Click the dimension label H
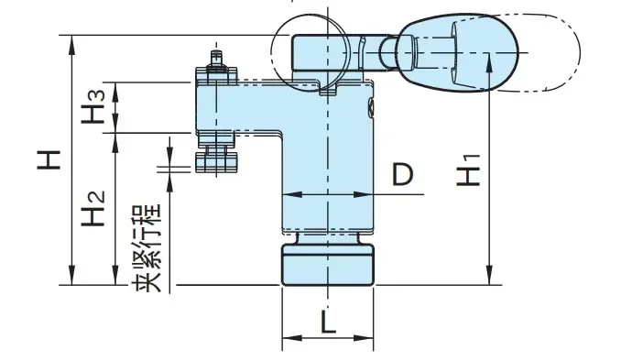[x=49, y=160]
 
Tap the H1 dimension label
[x=468, y=170]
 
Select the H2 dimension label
[x=93, y=208]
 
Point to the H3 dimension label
[x=93, y=107]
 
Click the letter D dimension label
[x=403, y=174]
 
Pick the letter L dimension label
[x=328, y=322]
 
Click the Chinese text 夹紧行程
[x=147, y=248]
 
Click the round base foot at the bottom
[x=328, y=265]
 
